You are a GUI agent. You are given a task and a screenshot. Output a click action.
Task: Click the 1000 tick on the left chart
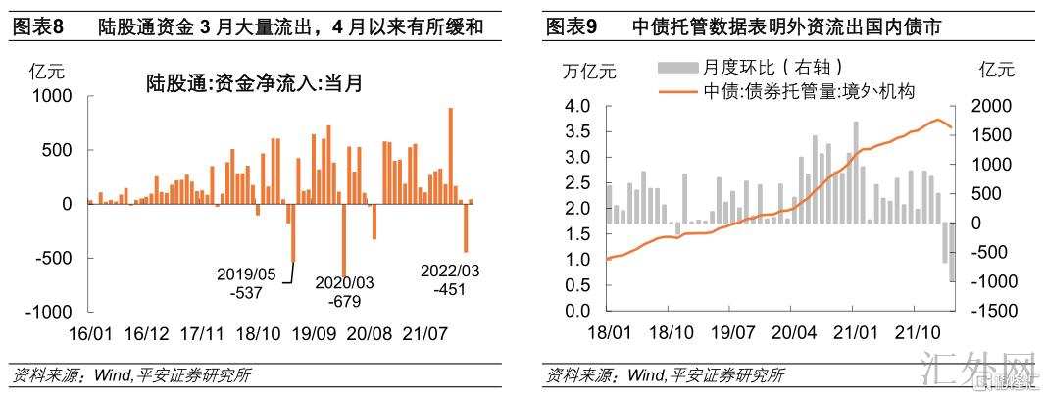tap(54, 96)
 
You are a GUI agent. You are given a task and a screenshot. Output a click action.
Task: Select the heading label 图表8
tap(36, 26)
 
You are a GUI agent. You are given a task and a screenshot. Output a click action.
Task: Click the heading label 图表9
tap(572, 26)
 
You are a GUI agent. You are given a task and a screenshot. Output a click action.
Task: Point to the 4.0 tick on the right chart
tap(574, 106)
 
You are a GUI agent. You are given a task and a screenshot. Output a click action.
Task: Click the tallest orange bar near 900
tap(451, 155)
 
